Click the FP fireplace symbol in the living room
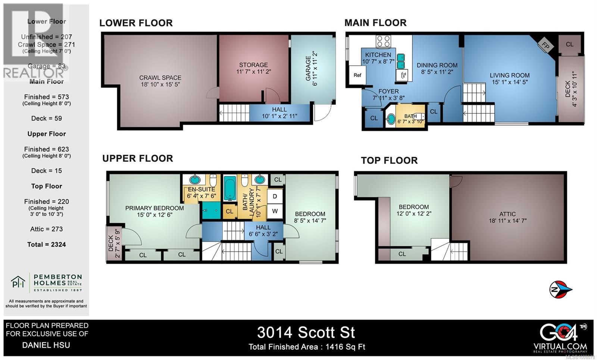pyautogui.click(x=545, y=46)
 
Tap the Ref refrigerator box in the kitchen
pyautogui.click(x=357, y=75)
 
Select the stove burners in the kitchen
pyautogui.click(x=383, y=41)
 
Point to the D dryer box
pyautogui.click(x=275, y=196)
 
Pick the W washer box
pyautogui.click(x=275, y=211)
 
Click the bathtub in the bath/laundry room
pyautogui.click(x=229, y=188)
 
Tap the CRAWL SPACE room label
pyautogui.click(x=160, y=78)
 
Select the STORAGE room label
pyautogui.click(x=253, y=65)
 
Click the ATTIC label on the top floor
pyautogui.click(x=507, y=214)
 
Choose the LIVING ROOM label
pyautogui.click(x=509, y=75)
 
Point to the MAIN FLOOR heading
pyautogui.click(x=375, y=23)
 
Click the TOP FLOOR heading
pyautogui.click(x=389, y=160)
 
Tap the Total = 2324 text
pyautogui.click(x=47, y=245)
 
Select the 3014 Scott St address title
pyautogui.click(x=306, y=332)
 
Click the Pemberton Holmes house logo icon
pyautogui.click(x=18, y=282)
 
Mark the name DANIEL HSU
pyautogui.click(x=46, y=345)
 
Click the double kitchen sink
pyautogui.click(x=400, y=61)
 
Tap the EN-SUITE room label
pyautogui.click(x=201, y=189)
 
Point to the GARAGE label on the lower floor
pyautogui.click(x=308, y=68)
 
